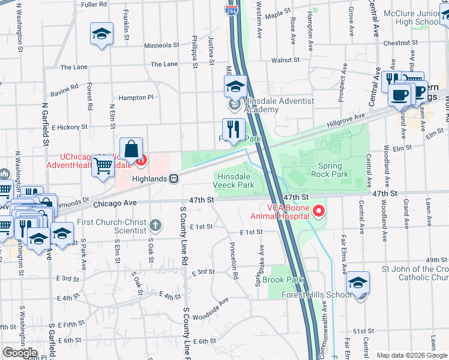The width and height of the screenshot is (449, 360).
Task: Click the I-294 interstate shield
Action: click(231, 10)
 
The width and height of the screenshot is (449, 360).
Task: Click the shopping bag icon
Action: click(131, 149)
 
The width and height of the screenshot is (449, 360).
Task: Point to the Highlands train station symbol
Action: click(173, 178)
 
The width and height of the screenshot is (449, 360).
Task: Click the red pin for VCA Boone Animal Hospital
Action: click(319, 211)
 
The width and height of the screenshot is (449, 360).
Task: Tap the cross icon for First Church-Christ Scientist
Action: click(155, 226)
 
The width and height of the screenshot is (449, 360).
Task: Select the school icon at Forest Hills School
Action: click(358, 283)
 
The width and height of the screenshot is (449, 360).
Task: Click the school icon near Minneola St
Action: click(101, 34)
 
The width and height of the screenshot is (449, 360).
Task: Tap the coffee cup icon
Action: click(399, 94)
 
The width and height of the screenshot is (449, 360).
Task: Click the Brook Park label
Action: click(283, 280)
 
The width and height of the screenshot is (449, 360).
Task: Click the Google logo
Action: click(20, 353)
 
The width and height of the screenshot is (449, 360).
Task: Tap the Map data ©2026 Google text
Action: click(411, 355)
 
